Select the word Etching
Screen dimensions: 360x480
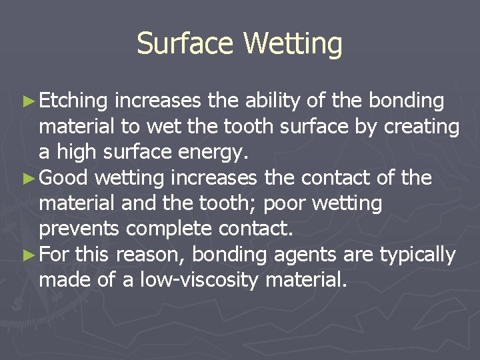coord(73,101)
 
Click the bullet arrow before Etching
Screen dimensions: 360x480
coord(27,101)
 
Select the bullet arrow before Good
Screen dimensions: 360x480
coord(27,179)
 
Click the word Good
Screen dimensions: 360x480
coord(65,179)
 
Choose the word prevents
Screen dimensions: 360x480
coord(79,229)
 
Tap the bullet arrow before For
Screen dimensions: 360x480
coord(27,255)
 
